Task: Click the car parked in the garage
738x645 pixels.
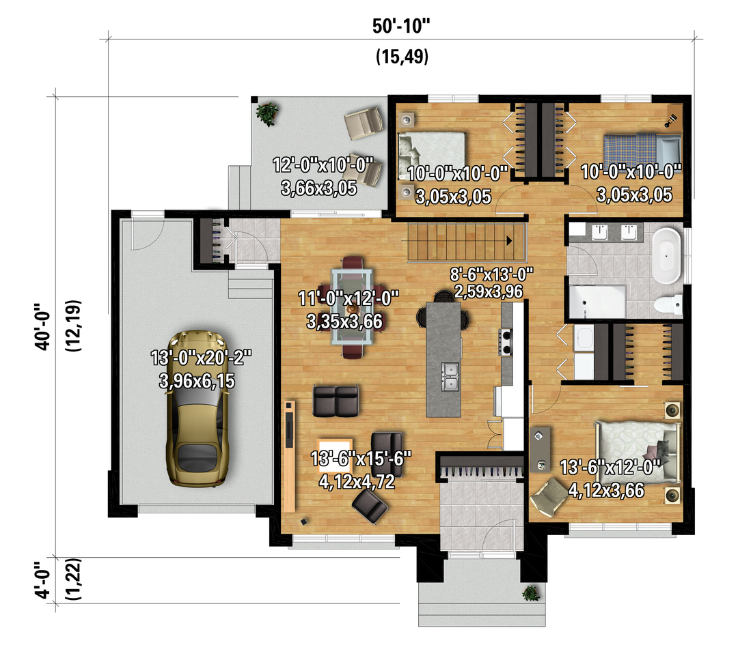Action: [197, 409]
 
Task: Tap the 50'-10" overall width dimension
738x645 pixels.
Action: [402, 26]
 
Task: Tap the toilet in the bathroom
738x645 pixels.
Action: [668, 304]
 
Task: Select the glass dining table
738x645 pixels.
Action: [353, 306]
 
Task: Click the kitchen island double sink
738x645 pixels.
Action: [450, 377]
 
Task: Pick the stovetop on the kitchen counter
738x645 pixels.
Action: [506, 342]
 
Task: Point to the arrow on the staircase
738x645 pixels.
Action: [509, 241]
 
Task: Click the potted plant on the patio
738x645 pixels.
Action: [267, 113]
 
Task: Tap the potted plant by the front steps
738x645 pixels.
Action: [531, 593]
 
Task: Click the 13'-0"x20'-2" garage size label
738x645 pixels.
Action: [201, 358]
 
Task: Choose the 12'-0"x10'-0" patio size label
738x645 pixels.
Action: [323, 165]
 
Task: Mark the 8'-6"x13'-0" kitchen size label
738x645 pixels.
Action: [491, 274]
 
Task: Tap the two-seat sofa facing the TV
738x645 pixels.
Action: [336, 401]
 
